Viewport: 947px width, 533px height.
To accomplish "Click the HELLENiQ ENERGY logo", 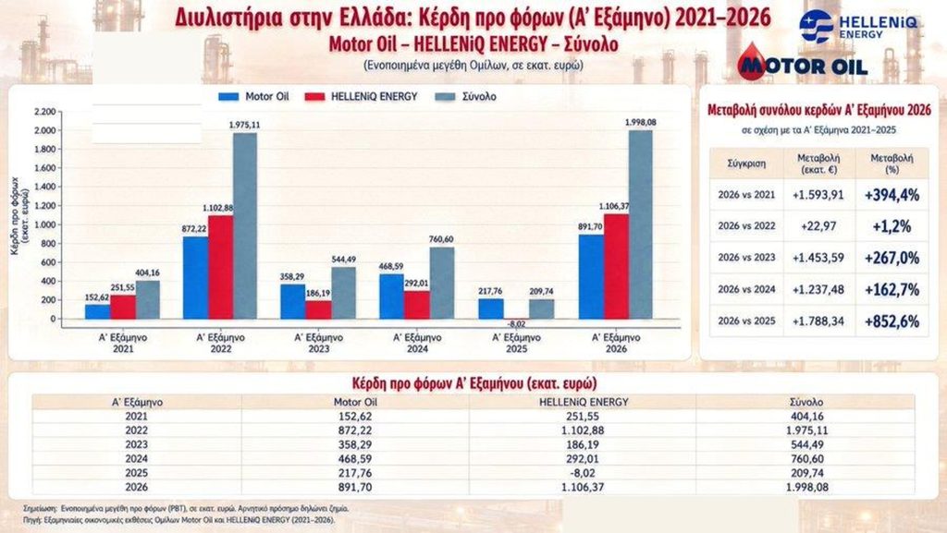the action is coord(857,27).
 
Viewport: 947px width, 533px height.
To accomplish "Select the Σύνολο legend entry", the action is coord(466,96).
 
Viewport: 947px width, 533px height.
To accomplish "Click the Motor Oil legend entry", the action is coord(253,96).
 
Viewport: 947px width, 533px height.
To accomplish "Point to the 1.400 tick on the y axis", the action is coord(45,187).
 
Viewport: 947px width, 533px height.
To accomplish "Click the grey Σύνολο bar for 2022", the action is coord(245,225).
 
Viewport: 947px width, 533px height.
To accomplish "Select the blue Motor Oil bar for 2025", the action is coord(491,309).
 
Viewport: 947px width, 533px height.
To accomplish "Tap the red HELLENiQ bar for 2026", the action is coord(616,266).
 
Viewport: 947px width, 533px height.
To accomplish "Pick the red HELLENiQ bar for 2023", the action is coord(318,309).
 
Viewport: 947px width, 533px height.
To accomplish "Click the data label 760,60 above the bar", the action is coord(441,239).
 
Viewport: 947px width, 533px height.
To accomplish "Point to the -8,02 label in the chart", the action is coord(516,324).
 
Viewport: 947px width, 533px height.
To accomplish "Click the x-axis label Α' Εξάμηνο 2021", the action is coord(123,343).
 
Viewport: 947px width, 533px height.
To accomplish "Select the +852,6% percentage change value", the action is coord(892,321).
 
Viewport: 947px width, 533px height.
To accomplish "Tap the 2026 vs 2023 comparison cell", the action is coord(746,258).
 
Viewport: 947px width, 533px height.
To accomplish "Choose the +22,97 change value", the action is coord(818,226).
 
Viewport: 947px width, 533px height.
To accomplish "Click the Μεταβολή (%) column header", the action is coord(892,164).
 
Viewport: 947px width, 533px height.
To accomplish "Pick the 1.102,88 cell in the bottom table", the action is coord(583,430).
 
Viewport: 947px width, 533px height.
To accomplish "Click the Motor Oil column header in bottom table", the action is coord(355,402).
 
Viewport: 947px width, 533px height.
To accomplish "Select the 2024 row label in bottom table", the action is coord(137,459).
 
